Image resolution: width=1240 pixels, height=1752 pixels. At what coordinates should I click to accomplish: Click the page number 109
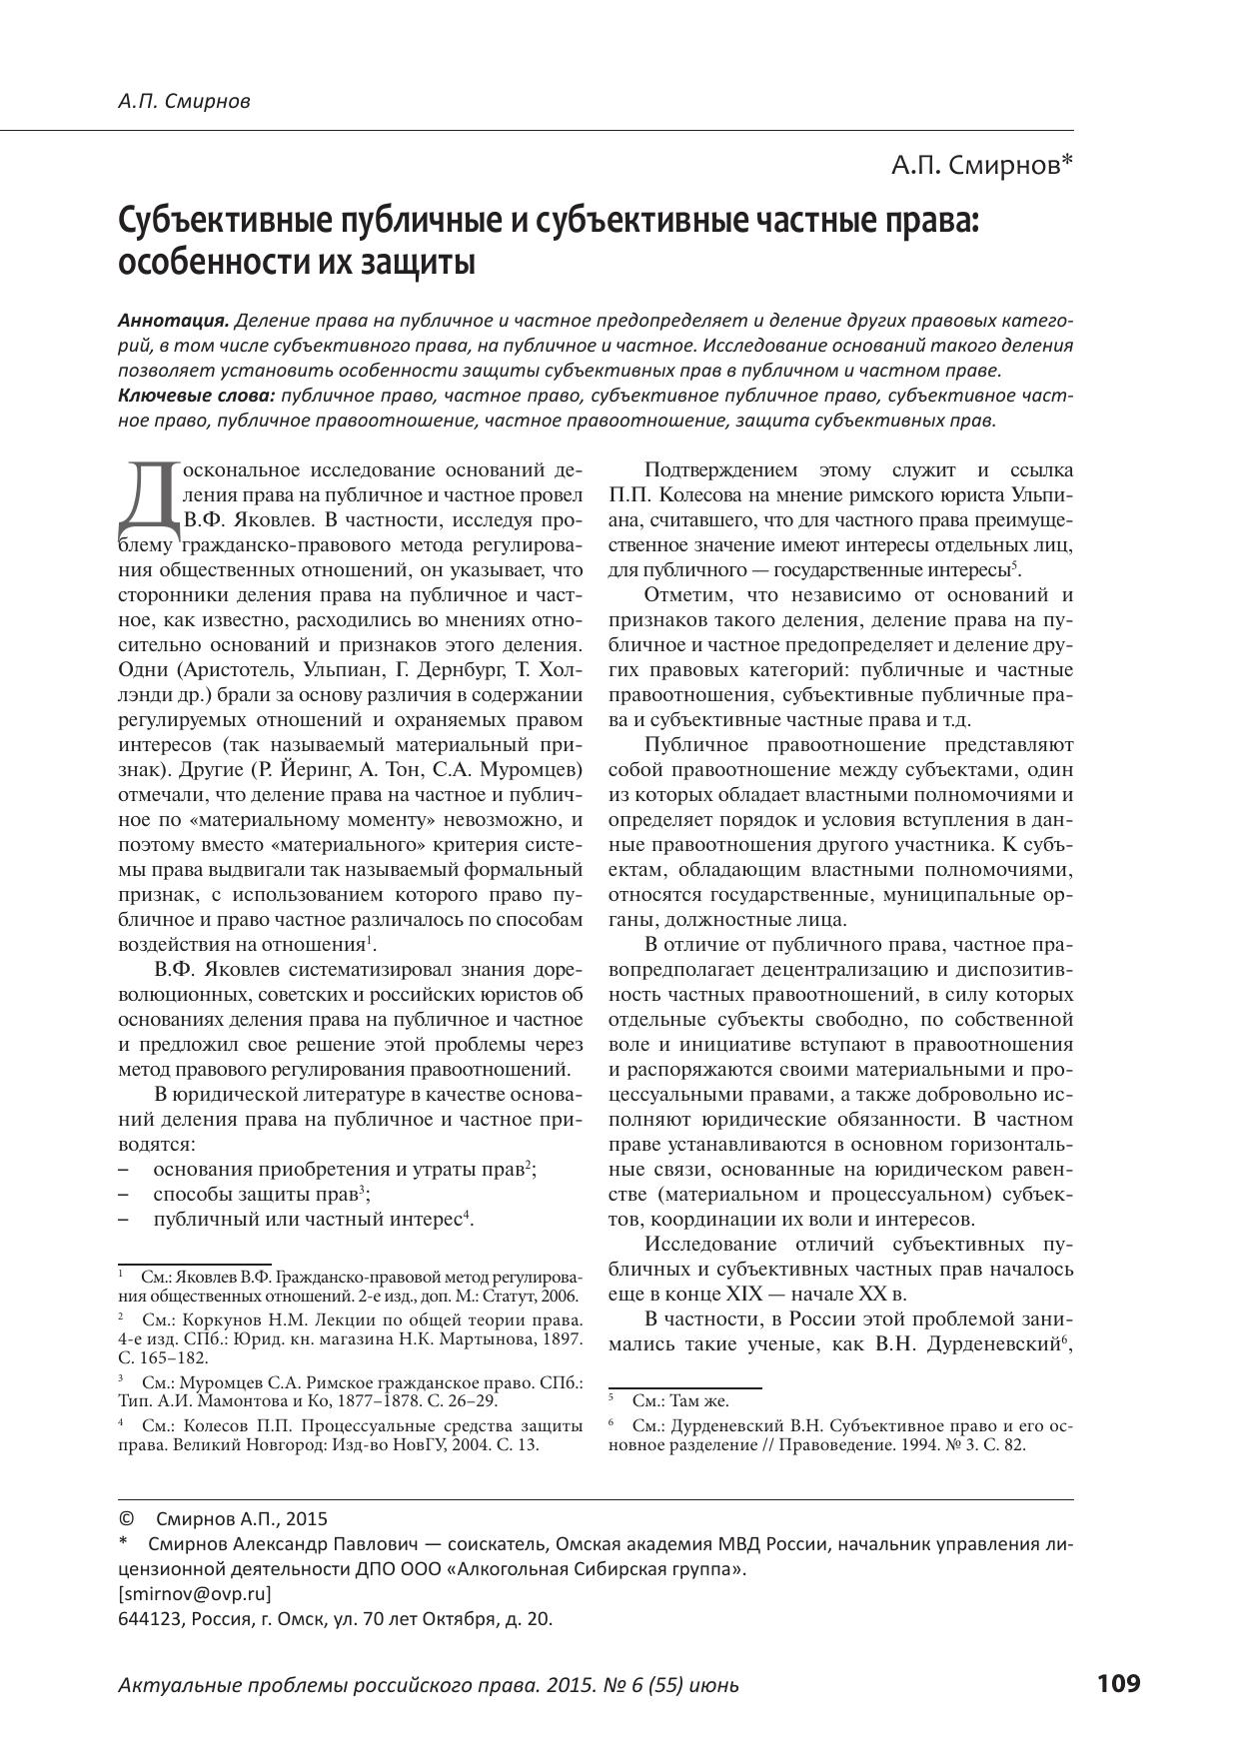click(x=1118, y=1683)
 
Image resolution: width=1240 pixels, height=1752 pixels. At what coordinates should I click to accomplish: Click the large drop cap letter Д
click(x=148, y=496)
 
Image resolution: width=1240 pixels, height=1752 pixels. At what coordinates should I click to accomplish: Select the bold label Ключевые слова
click(x=196, y=396)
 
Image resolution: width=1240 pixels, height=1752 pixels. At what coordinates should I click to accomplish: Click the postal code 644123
click(x=150, y=1618)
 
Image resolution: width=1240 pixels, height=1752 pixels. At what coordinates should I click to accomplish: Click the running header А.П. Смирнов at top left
click(x=184, y=101)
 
